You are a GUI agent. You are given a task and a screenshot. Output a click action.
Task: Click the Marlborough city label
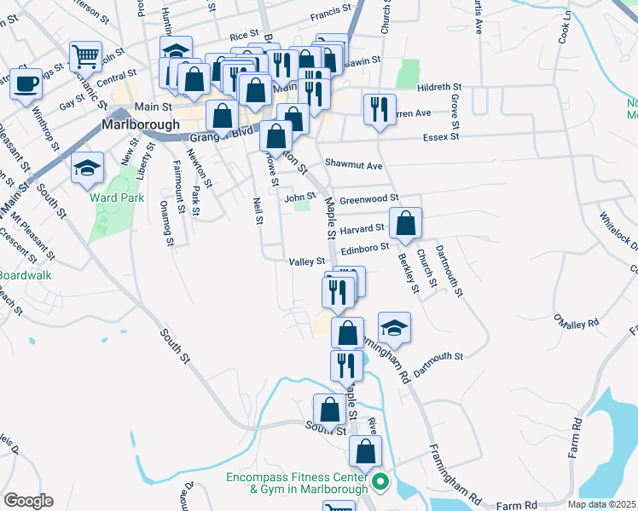click(141, 124)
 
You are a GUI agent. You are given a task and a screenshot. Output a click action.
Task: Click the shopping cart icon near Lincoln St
click(85, 57)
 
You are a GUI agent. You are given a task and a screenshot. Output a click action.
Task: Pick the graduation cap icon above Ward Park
click(87, 168)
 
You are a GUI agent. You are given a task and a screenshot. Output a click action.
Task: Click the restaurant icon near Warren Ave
click(379, 109)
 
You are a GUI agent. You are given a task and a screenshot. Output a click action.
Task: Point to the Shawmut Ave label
click(354, 164)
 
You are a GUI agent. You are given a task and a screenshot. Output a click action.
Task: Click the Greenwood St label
click(369, 199)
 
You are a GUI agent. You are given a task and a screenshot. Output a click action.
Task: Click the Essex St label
click(441, 135)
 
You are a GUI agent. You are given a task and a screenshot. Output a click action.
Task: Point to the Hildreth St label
click(439, 88)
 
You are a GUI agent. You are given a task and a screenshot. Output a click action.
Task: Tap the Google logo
click(27, 500)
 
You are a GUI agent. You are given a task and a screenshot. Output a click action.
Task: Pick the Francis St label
click(331, 11)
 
